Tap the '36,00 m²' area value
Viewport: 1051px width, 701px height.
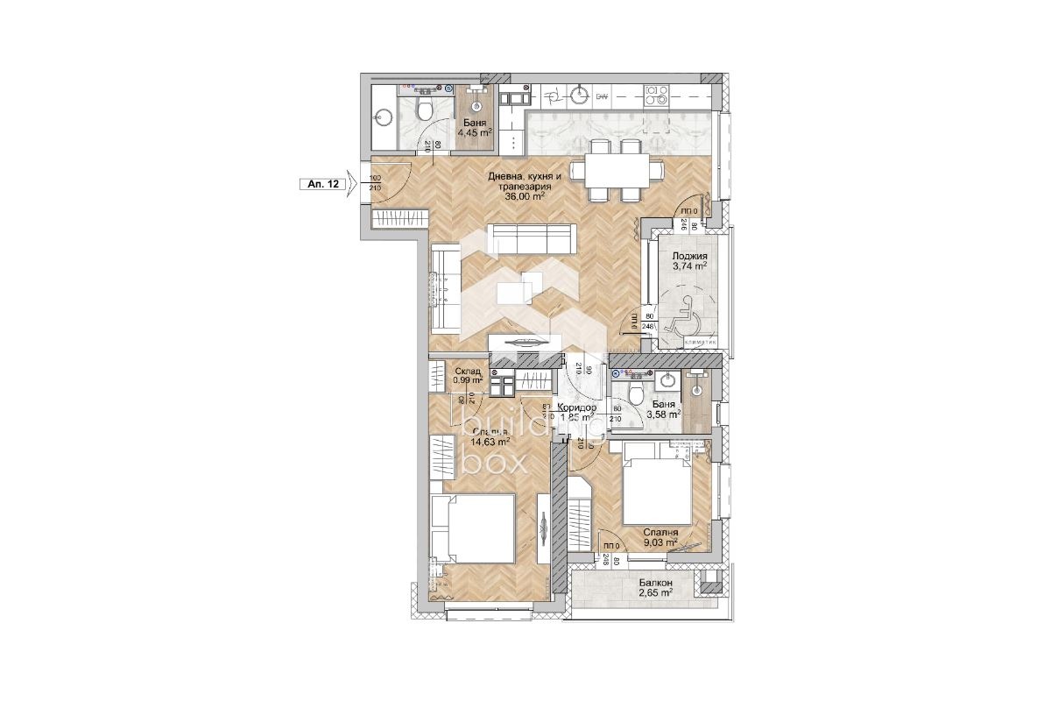[x=525, y=197]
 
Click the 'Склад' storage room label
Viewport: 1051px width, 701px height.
[x=467, y=372]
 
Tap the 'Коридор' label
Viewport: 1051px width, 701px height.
[x=577, y=408]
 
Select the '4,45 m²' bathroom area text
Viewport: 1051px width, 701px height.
[x=476, y=132]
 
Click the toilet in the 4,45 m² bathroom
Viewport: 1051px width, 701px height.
[x=424, y=109]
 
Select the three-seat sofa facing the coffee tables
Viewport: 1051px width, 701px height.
[x=533, y=237]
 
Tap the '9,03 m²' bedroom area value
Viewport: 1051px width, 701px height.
[x=660, y=542]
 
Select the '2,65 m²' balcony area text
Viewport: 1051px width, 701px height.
[x=655, y=593]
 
